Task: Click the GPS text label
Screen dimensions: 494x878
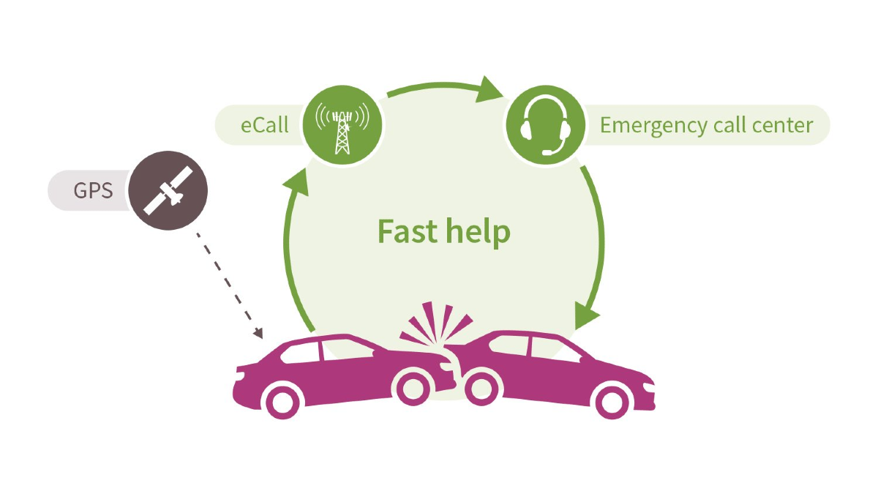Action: coord(93,191)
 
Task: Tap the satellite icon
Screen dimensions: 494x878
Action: coord(168,190)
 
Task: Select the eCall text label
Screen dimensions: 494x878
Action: coord(265,125)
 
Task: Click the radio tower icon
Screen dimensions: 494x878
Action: coord(342,125)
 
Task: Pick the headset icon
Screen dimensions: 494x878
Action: coord(546,125)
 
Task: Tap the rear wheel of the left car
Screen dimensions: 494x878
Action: coord(283,400)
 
